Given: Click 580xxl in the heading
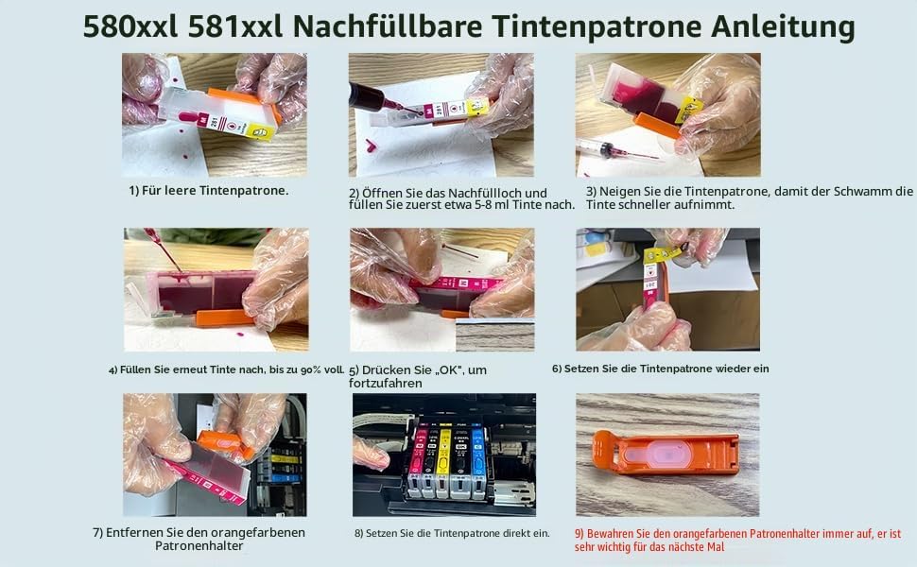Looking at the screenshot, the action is point(130,26).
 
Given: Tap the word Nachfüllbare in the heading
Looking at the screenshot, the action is point(388,26).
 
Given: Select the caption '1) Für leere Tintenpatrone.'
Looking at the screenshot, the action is point(209,191).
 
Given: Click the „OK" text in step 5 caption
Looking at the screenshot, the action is point(449,369).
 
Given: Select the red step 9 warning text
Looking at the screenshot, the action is point(737,541).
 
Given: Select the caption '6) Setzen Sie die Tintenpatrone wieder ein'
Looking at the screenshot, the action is point(660,369).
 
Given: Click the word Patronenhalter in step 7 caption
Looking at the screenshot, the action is point(199,545).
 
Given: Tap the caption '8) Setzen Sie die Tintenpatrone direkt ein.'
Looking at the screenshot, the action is point(452,533).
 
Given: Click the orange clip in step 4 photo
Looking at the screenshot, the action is point(225,318).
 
